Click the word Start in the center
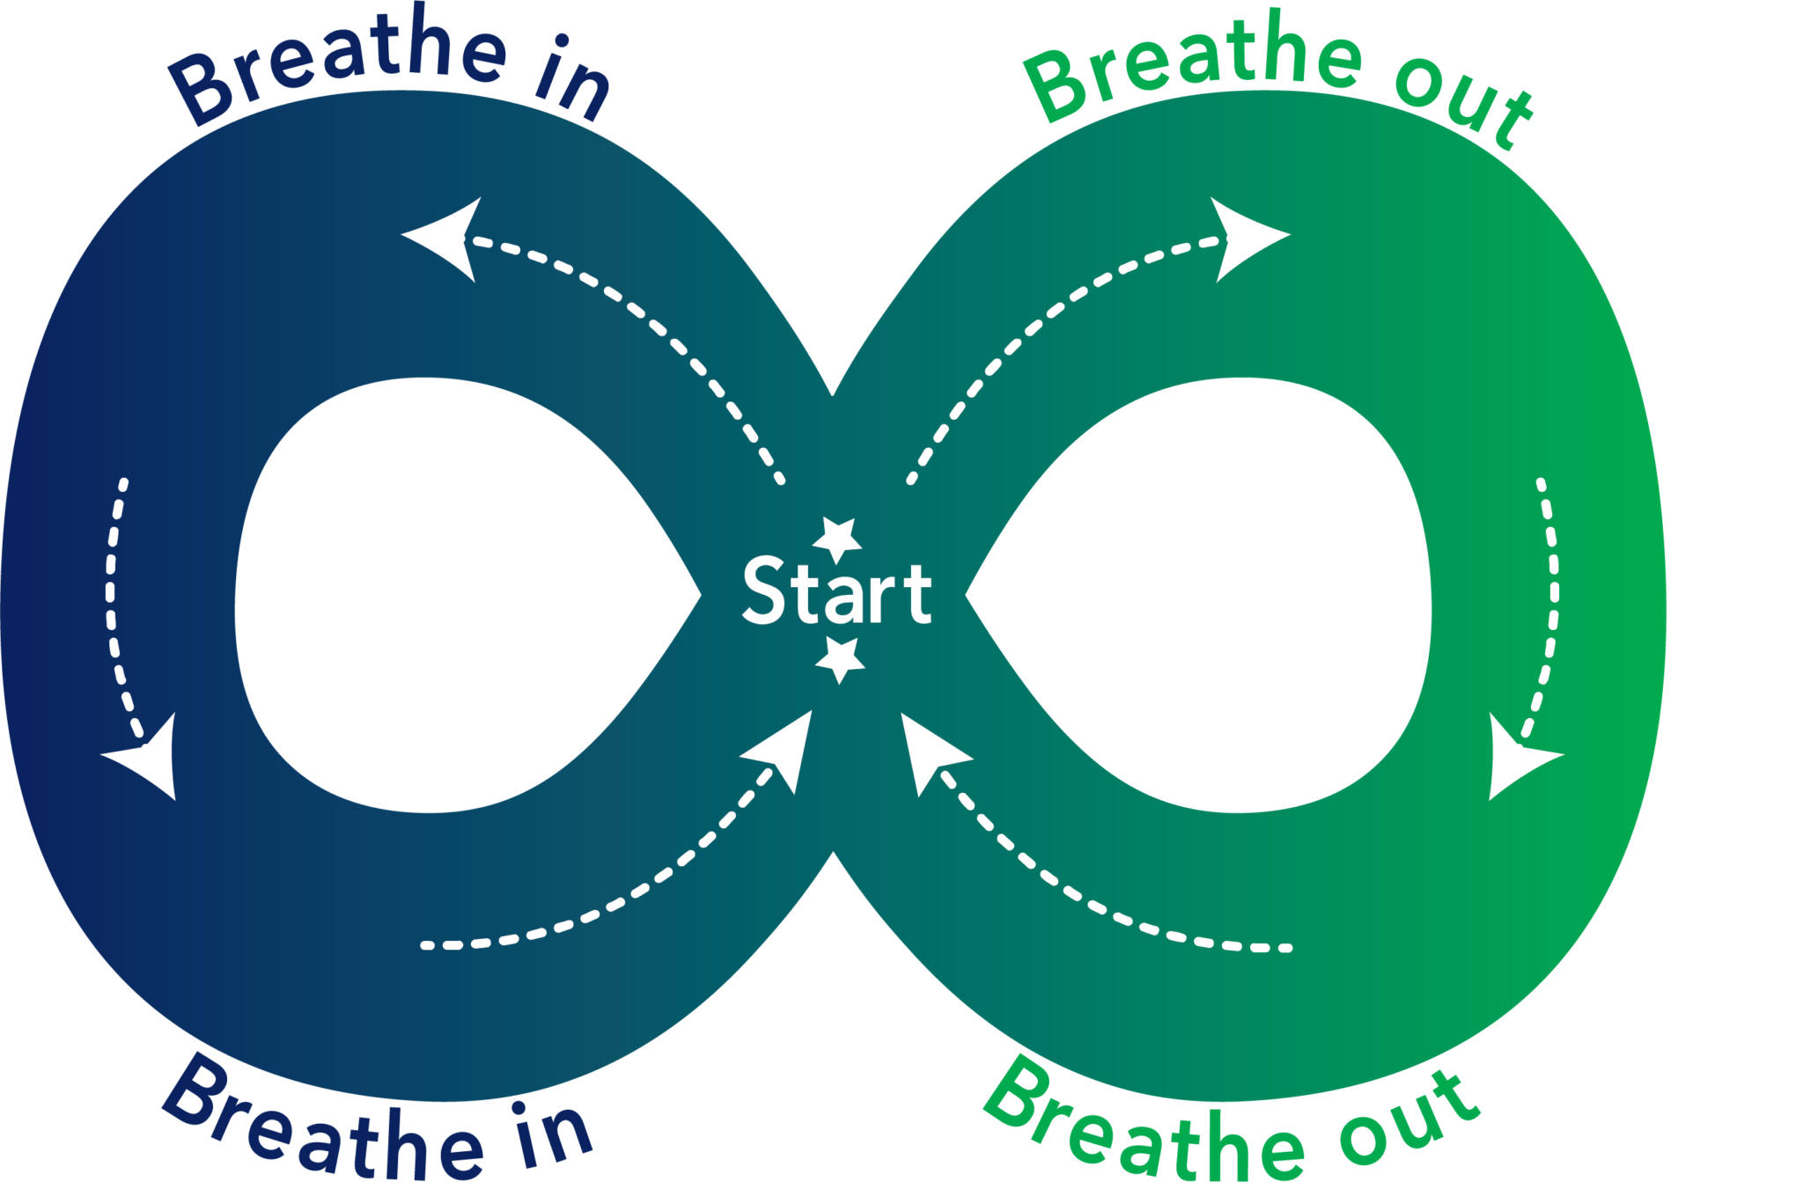tap(836, 591)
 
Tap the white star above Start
tap(836, 538)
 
